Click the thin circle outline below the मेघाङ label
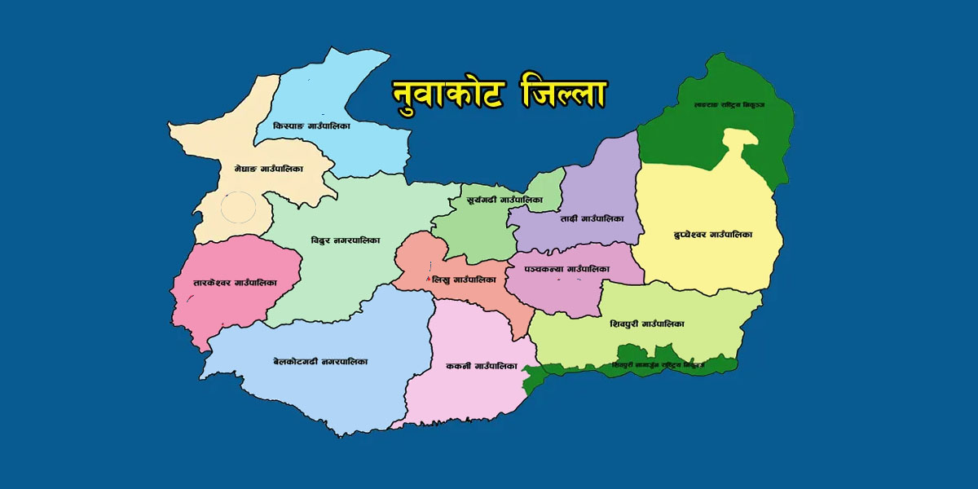(x=239, y=209)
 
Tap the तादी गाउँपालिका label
(x=592, y=219)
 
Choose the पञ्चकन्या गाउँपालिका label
(x=567, y=268)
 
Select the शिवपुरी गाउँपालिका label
(x=646, y=324)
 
